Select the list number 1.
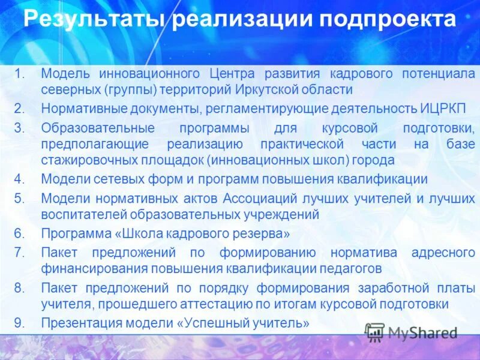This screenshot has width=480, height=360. click(19, 74)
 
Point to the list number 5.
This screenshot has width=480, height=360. click(19, 199)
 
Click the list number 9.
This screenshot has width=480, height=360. click(19, 323)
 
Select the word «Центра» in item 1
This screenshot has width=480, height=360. click(232, 74)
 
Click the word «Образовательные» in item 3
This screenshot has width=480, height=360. click(98, 128)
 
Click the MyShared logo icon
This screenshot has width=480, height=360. click(375, 332)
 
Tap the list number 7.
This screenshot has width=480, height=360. click(19, 252)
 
